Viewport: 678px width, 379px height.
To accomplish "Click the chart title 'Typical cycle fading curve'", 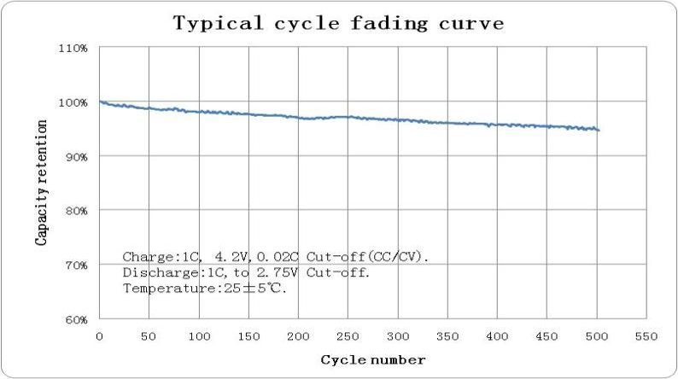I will pyautogui.click(x=339, y=22).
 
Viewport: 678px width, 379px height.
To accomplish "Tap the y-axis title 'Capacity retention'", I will pyautogui.click(x=41, y=183).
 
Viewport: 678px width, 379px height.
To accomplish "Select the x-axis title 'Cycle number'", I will pyautogui.click(x=372, y=359).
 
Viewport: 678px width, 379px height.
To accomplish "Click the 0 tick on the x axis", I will pyautogui.click(x=100, y=335).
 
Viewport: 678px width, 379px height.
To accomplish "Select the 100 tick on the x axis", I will pyautogui.click(x=199, y=335).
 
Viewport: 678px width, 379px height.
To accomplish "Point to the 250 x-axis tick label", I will pyautogui.click(x=348, y=335).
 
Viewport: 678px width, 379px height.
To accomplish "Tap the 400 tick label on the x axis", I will pyautogui.click(x=497, y=335).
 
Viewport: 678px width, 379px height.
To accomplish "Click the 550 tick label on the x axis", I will pyautogui.click(x=646, y=335).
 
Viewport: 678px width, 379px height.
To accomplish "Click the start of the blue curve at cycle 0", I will pyautogui.click(x=101, y=102).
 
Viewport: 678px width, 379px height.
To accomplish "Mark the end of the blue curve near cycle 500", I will pyautogui.click(x=599, y=131).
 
